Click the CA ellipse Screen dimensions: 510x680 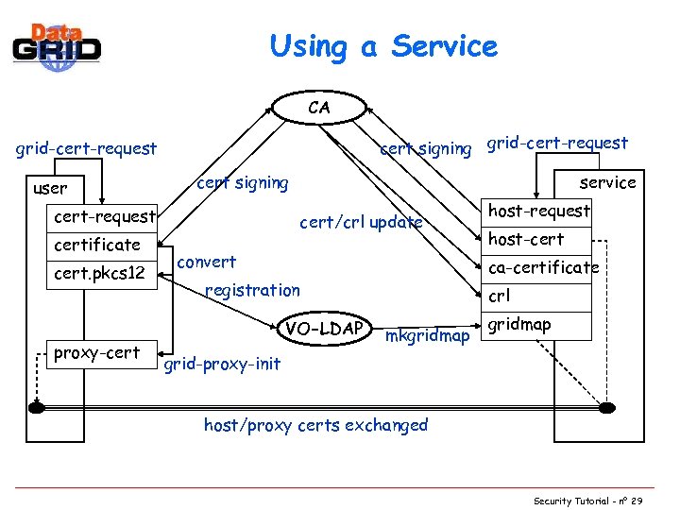point(319,108)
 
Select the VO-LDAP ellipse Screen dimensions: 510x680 point(325,328)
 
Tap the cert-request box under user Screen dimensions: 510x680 point(104,216)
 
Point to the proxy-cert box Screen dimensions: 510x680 point(97,353)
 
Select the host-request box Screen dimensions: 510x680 point(538,212)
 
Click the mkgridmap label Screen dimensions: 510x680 point(426,335)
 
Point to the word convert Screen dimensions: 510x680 point(207,262)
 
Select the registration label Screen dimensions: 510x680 point(252,290)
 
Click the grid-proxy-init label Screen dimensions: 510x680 point(222,364)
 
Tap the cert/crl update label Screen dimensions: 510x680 point(361,223)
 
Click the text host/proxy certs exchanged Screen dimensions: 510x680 point(315,425)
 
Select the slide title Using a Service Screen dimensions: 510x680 point(382,45)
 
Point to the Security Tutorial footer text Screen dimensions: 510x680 point(586,500)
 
